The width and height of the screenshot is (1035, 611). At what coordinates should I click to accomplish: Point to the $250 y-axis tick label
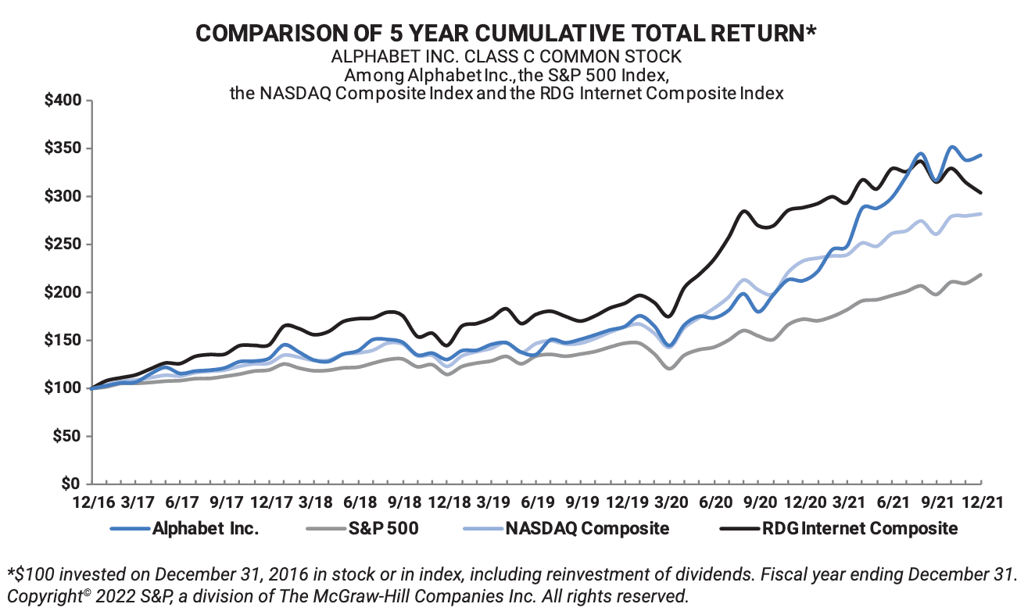pyautogui.click(x=61, y=245)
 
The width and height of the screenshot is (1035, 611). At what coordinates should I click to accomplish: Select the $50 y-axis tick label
pyautogui.click(x=66, y=437)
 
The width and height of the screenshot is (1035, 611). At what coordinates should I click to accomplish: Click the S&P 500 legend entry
pyautogui.click(x=383, y=528)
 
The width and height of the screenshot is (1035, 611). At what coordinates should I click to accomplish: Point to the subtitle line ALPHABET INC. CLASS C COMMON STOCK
pyautogui.click(x=507, y=57)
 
